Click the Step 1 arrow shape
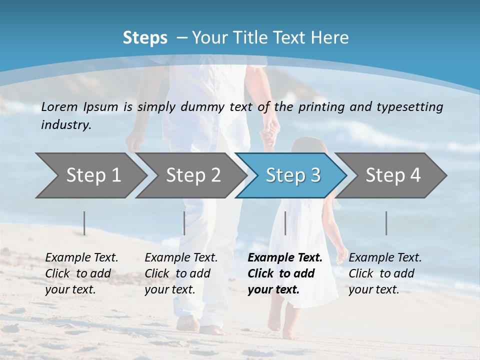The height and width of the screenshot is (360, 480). pos(93,175)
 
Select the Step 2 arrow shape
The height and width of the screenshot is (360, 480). pos(193,175)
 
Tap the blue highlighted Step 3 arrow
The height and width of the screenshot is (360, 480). pos(293,175)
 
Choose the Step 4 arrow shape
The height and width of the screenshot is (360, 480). pos(393,175)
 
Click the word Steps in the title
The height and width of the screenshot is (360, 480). pos(145,38)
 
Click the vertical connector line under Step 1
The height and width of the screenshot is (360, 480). pos(84,223)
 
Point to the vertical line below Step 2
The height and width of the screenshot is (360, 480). pos(184,223)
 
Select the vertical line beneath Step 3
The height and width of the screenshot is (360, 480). pos(285,223)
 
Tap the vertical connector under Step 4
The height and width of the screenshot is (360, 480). pos(386,223)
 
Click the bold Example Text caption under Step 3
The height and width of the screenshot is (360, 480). pos(284,273)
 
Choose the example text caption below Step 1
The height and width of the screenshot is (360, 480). pos(81,273)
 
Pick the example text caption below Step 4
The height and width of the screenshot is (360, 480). pos(385,273)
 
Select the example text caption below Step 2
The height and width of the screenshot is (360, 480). pos(181,273)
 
